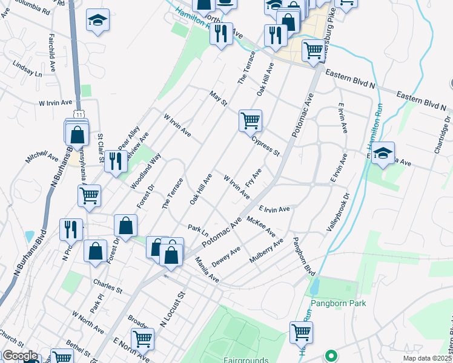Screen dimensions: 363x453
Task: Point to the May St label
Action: coord(217,98)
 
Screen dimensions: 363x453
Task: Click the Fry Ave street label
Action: coord(253,178)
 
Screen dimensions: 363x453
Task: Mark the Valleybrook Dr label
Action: coord(339,212)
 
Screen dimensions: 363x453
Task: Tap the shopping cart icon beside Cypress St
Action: coord(250,120)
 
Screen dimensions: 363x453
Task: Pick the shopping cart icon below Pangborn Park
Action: coord(301,332)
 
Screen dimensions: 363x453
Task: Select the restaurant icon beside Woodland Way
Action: coord(114,161)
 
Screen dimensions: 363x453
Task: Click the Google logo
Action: coord(20,356)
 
